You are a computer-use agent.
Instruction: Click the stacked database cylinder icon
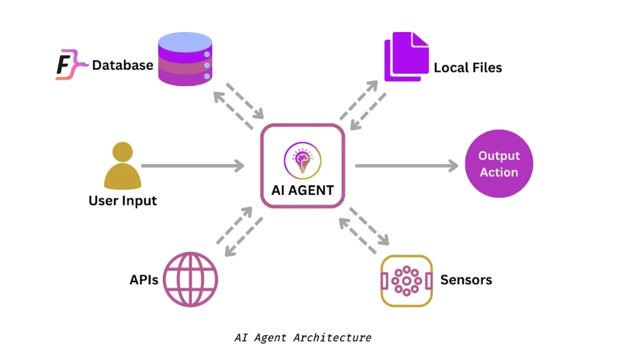tap(185, 59)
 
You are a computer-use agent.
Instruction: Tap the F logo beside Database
tap(71, 64)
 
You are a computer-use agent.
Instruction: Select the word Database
tap(123, 65)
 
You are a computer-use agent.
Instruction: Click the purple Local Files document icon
tap(406, 57)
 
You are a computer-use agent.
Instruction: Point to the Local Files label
tap(467, 68)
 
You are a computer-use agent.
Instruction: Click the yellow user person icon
tap(123, 165)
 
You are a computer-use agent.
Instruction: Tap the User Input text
tap(123, 201)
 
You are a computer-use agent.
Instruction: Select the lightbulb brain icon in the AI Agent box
tap(302, 161)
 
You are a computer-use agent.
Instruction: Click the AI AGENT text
tap(302, 190)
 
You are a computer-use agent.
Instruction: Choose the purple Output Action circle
tap(499, 164)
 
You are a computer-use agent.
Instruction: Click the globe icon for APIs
tap(191, 279)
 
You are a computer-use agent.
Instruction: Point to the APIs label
tap(144, 280)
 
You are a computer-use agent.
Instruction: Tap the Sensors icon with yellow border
tap(406, 281)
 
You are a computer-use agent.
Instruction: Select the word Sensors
tap(466, 280)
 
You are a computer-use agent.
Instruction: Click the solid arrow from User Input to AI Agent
tap(193, 165)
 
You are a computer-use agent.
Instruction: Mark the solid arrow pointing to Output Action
tap(407, 165)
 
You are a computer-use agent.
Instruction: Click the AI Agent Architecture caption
tap(303, 338)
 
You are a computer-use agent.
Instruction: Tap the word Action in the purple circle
tap(499, 172)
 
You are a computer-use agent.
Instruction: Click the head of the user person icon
tap(123, 152)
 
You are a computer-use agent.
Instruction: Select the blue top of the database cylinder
tap(185, 42)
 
